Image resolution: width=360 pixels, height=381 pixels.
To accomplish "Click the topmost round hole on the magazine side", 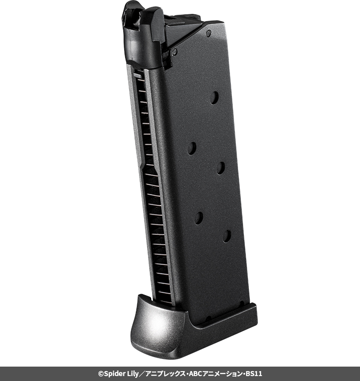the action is click(214, 98).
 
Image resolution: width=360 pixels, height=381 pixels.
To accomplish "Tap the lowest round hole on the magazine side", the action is click(227, 236).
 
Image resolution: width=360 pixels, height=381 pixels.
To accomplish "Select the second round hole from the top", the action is click(192, 148).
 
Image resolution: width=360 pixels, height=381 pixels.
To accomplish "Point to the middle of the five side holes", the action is click(220, 168).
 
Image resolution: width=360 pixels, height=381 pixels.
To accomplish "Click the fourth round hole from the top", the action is click(198, 218).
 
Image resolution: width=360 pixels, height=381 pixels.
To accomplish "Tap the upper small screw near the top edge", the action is click(208, 33).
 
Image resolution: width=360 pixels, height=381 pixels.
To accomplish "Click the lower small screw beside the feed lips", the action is click(174, 52).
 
